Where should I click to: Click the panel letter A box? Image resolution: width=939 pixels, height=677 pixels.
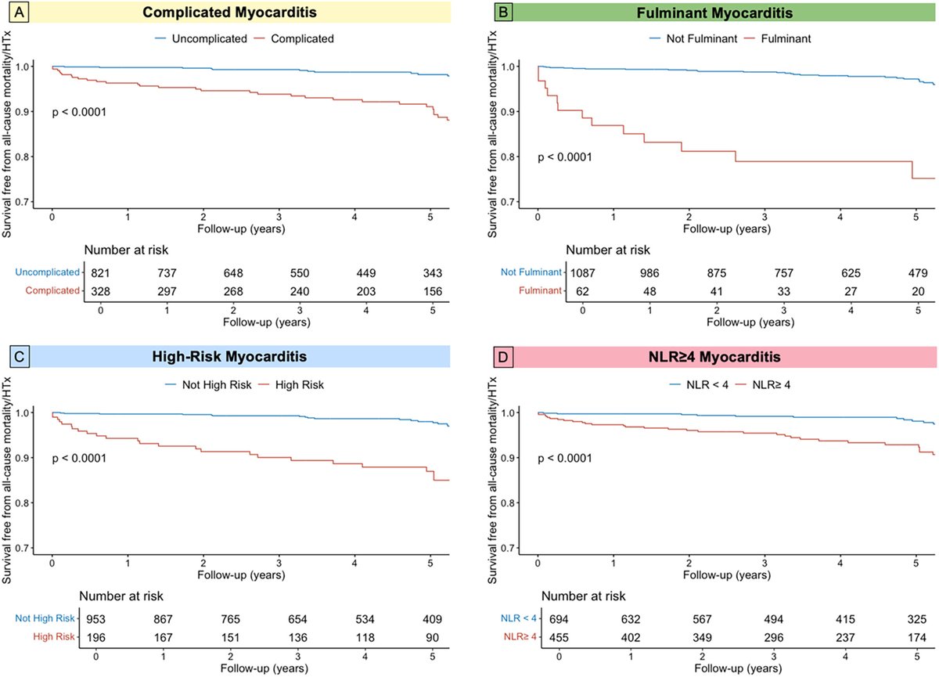[x=14, y=13]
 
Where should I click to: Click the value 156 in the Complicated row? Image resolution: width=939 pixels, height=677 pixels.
[x=432, y=290]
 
